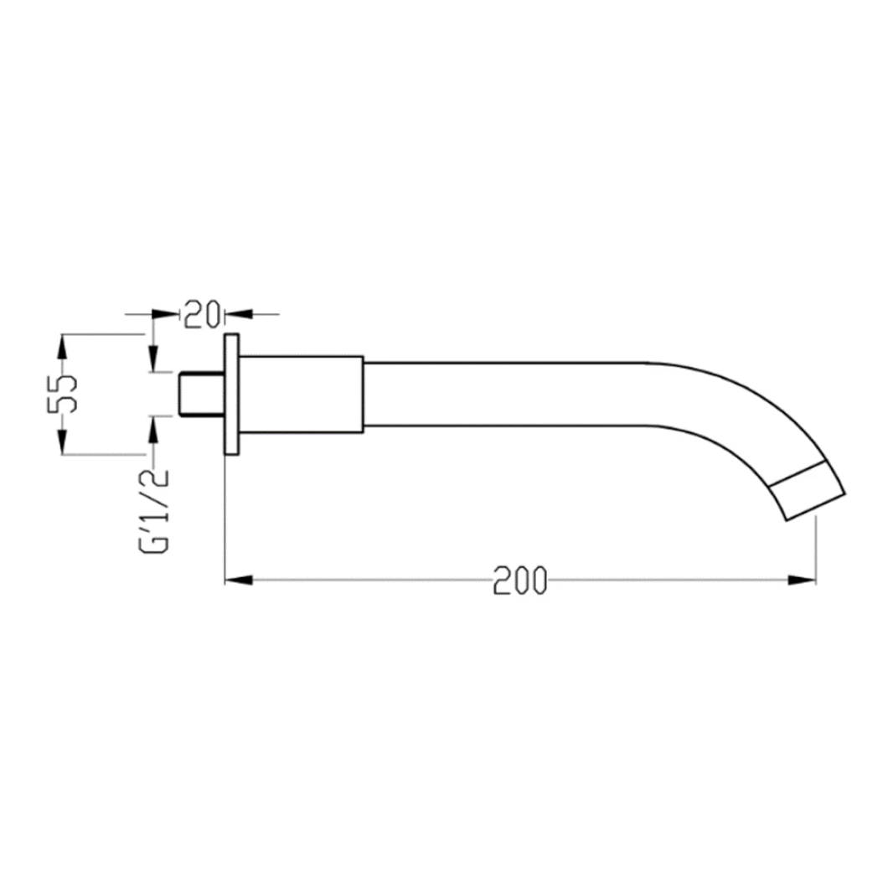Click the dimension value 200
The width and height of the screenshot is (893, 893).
[519, 581]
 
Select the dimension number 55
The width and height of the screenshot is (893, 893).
[64, 394]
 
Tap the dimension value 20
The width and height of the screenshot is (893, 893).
[201, 314]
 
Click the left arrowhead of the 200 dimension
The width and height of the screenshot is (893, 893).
[239, 580]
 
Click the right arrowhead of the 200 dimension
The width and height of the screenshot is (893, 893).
[802, 580]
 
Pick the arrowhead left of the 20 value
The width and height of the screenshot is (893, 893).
[168, 314]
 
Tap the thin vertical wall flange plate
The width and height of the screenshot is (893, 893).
[231, 394]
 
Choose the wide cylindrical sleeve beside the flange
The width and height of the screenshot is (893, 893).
[301, 394]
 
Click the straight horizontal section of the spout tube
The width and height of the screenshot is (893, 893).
[503, 394]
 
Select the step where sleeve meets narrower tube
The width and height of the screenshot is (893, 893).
[363, 394]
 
